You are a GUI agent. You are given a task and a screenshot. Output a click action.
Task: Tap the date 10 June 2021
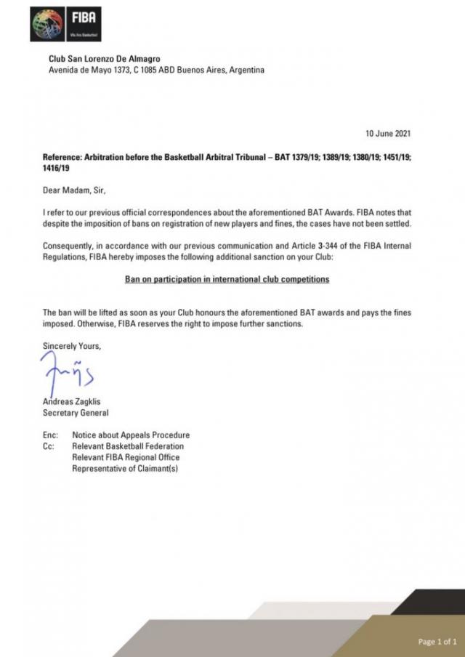coord(387,134)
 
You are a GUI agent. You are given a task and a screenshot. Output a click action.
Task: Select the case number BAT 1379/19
coord(302,158)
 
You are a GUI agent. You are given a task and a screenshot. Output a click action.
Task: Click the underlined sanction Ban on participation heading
coord(227,279)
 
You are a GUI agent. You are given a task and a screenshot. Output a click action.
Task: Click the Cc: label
coord(50,446)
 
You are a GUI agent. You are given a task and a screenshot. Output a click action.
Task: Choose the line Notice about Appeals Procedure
coord(131,435)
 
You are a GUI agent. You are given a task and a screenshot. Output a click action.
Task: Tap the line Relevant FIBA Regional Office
coord(126,457)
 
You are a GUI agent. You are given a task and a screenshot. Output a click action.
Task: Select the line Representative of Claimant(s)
coord(125,469)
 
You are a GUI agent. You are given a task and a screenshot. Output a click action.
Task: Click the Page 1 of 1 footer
coord(437,641)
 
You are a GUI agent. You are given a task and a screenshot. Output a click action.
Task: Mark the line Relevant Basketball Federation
coord(128,446)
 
